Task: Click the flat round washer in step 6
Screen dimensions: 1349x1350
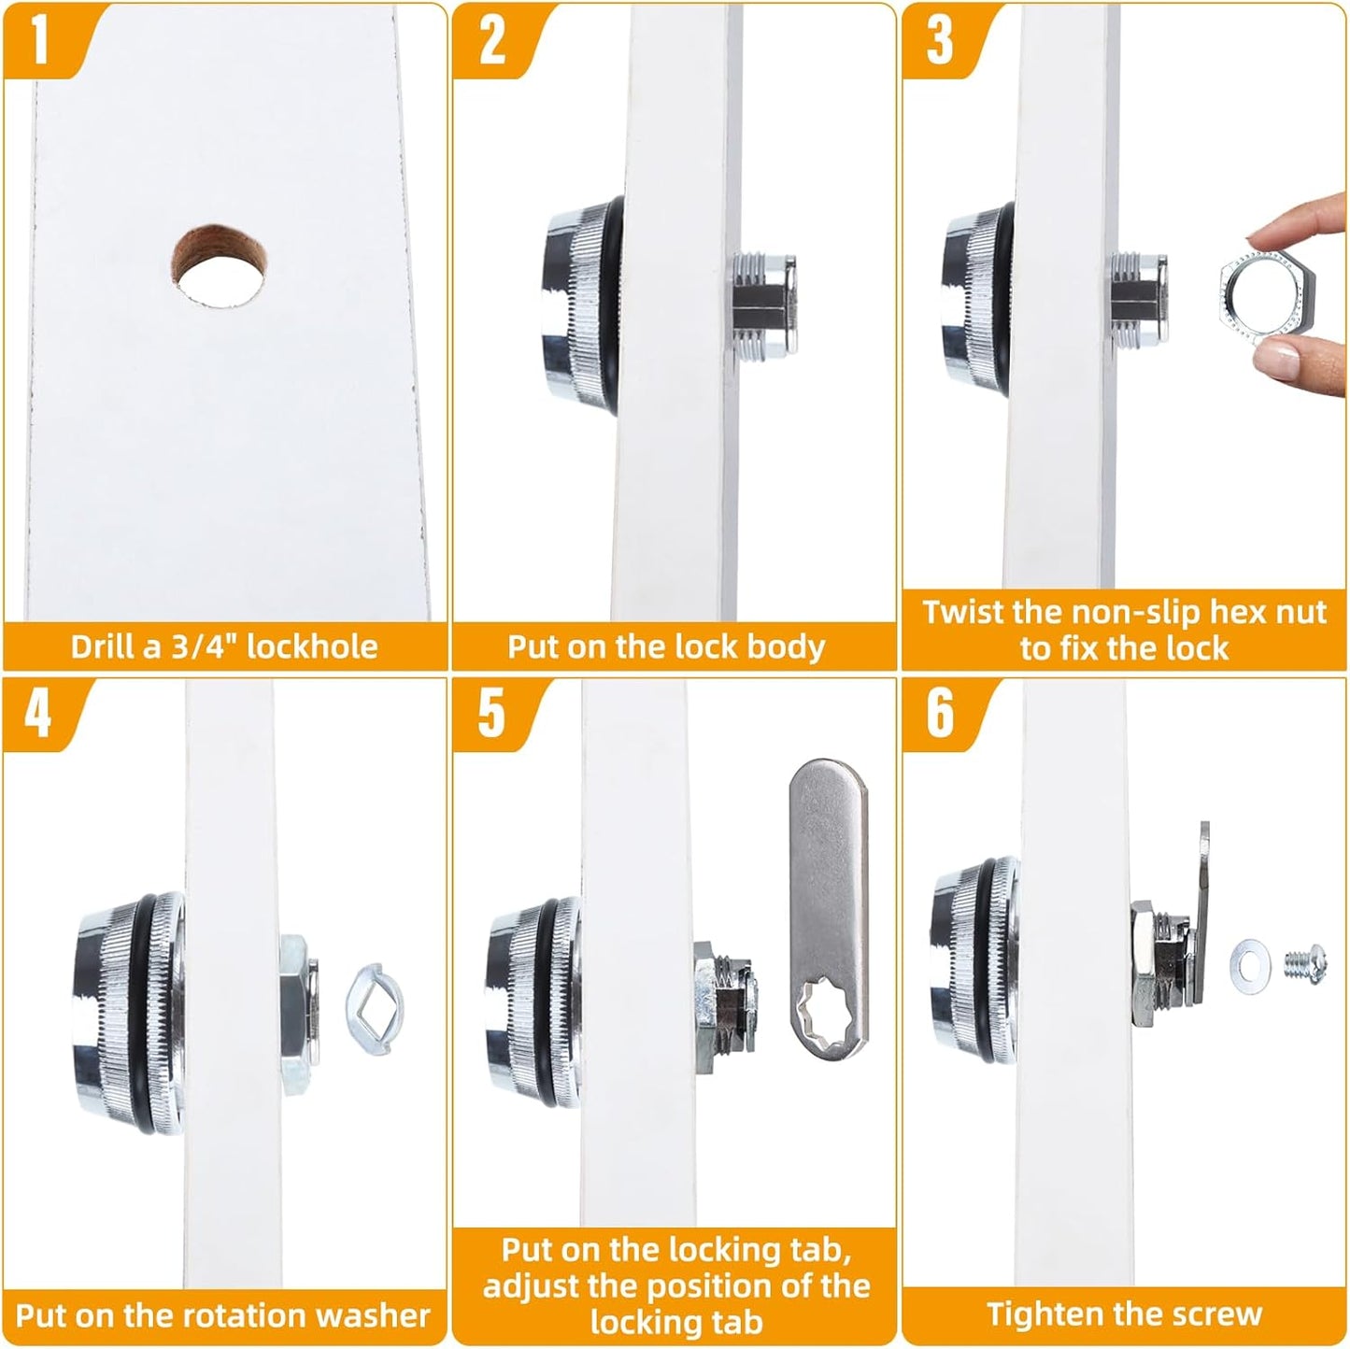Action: point(1249,965)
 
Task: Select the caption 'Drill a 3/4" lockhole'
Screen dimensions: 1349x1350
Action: point(224,646)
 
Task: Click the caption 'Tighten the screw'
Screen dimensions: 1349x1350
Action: point(1124,1313)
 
